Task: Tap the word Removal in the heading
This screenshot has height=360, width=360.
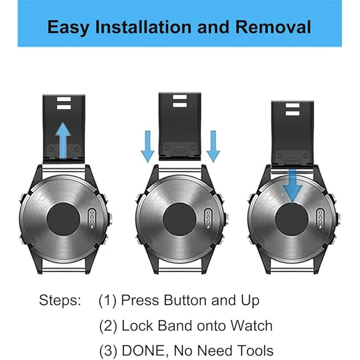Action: (x=273, y=27)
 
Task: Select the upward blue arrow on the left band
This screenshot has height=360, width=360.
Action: (x=63, y=140)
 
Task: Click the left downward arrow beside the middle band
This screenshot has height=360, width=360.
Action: (x=148, y=146)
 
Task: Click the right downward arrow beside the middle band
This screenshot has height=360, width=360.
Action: (x=213, y=146)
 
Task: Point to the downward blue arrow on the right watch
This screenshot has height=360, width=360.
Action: (x=292, y=186)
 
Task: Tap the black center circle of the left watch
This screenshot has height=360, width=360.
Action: (x=63, y=219)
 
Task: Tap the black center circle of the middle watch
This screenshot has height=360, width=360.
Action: (x=179, y=219)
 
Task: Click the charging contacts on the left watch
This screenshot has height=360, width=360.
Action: (x=92, y=219)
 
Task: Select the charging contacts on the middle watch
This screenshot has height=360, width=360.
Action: (x=208, y=219)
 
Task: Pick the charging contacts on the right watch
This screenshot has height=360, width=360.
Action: (x=320, y=219)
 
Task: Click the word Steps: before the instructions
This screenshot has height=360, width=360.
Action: (x=60, y=301)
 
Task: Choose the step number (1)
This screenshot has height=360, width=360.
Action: (x=108, y=301)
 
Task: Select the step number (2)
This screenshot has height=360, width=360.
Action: (x=108, y=326)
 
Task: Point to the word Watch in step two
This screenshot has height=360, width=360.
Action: (x=251, y=325)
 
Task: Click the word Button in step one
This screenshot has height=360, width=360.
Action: (x=185, y=300)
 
